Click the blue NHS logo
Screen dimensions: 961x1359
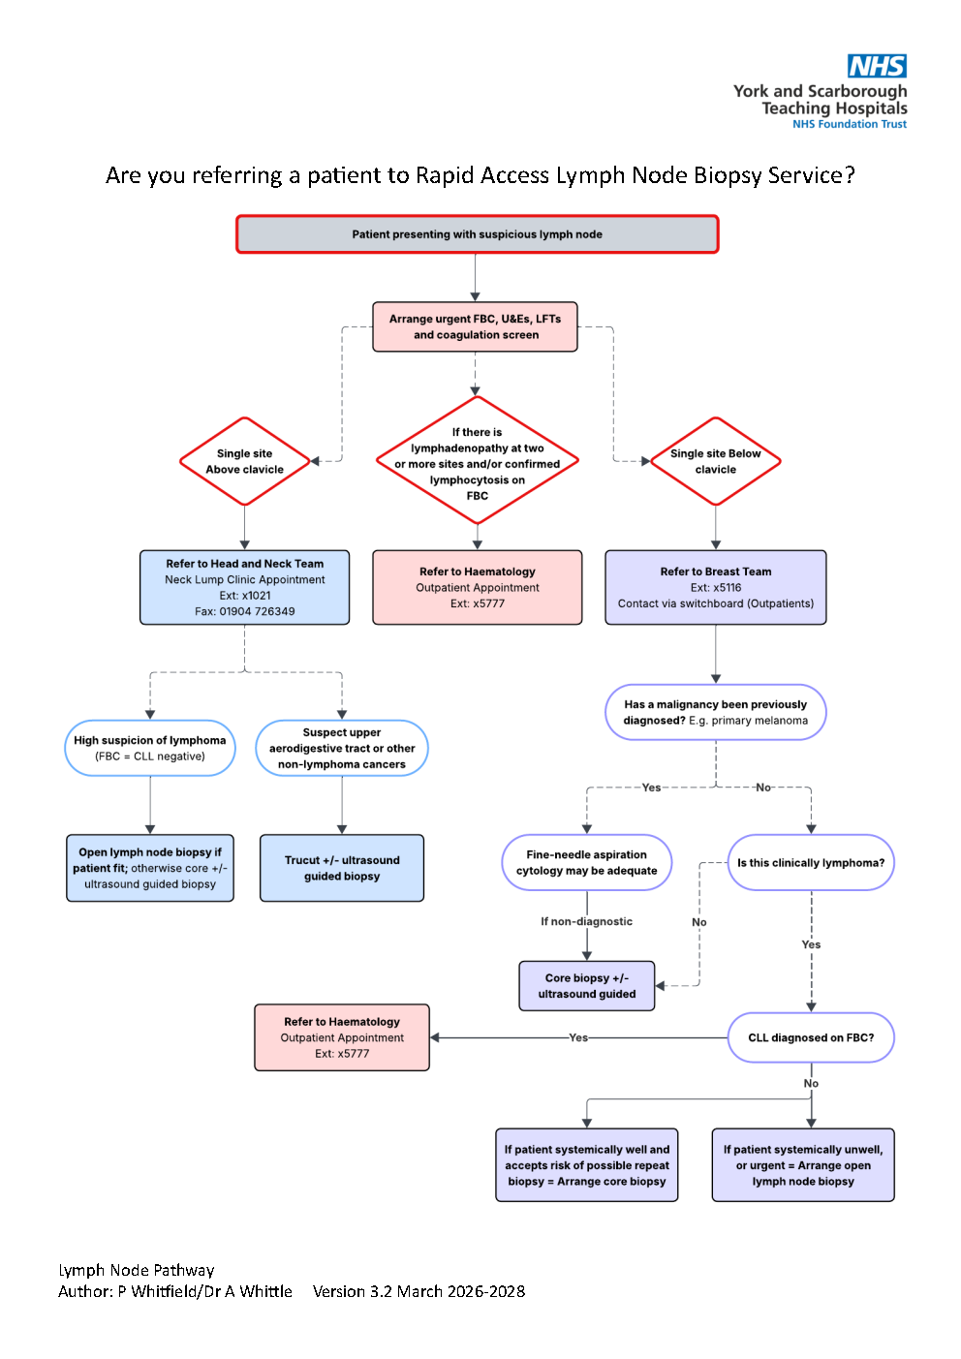click(x=877, y=66)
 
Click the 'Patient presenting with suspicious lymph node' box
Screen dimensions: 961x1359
click(x=477, y=234)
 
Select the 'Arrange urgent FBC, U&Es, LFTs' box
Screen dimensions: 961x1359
click(x=475, y=326)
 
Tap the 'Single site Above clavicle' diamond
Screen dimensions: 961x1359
click(x=244, y=461)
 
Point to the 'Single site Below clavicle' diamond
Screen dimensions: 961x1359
click(x=715, y=461)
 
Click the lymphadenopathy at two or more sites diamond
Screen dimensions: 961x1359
click(x=477, y=460)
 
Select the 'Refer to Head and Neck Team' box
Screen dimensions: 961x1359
click(x=244, y=587)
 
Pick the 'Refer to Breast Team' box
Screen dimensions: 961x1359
click(x=715, y=587)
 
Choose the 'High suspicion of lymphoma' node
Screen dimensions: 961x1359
click(x=150, y=748)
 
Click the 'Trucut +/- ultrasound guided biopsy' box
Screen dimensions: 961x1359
click(x=342, y=868)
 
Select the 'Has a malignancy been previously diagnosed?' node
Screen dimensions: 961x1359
click(x=715, y=712)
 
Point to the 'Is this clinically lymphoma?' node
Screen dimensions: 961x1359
click(x=811, y=863)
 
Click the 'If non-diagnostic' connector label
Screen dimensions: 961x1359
click(x=586, y=921)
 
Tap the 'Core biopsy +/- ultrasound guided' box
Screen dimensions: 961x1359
click(x=587, y=986)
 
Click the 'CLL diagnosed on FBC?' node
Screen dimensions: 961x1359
click(x=811, y=1037)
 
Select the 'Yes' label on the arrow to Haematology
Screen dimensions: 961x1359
click(x=578, y=1037)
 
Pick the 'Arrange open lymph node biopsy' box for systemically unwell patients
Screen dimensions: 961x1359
click(x=803, y=1165)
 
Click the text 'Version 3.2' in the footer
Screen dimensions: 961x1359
click(x=353, y=1291)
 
